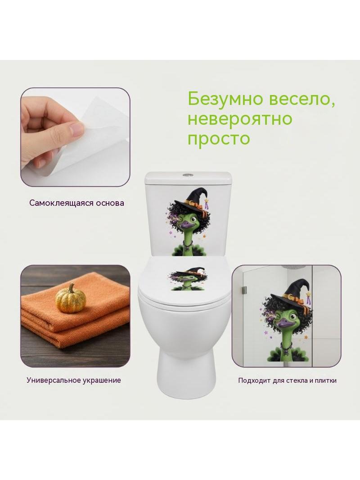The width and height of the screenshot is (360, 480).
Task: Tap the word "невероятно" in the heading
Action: pyautogui.click(x=240, y=118)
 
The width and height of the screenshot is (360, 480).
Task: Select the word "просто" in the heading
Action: pyautogui.click(x=219, y=138)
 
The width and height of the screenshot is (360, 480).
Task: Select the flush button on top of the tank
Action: pyautogui.click(x=187, y=175)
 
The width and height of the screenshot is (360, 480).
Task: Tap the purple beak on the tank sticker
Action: pyautogui.click(x=187, y=226)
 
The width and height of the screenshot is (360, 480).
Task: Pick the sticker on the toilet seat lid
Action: pyautogui.click(x=187, y=279)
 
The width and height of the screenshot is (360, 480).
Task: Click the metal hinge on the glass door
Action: pyautogui.click(x=244, y=289)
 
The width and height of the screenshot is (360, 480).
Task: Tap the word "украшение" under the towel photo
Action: pyautogui.click(x=102, y=380)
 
